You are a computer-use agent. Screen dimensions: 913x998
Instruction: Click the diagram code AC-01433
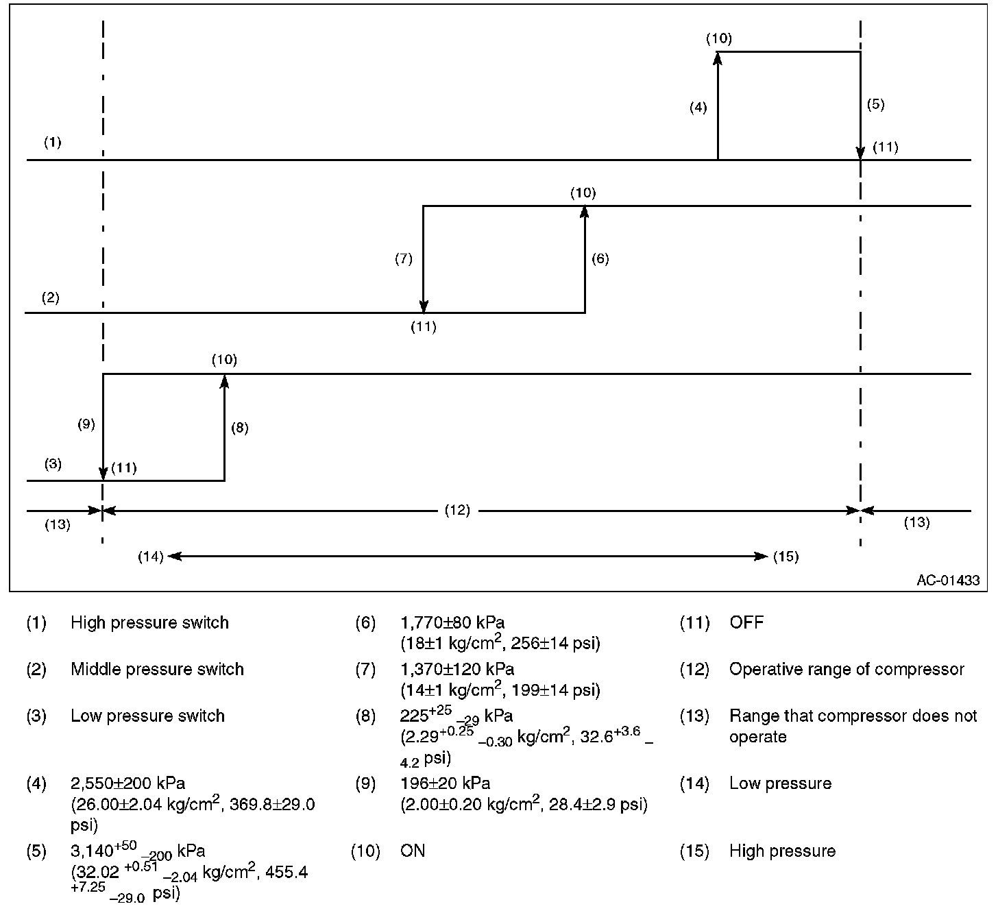click(x=948, y=581)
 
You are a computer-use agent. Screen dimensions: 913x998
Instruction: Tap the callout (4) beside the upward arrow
click(x=698, y=107)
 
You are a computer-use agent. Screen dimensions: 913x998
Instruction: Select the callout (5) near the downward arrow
click(x=875, y=104)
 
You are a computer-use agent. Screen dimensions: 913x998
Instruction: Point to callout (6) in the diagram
click(x=600, y=258)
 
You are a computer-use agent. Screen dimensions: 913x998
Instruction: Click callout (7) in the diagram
click(x=404, y=258)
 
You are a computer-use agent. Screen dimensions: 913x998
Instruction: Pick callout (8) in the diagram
click(x=239, y=428)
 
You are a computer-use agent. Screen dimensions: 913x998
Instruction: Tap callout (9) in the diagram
click(x=86, y=424)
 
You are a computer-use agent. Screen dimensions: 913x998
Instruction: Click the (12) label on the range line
click(x=457, y=510)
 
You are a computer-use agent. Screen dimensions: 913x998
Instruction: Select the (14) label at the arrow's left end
click(x=151, y=556)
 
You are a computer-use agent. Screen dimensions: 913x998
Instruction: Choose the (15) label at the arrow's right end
click(x=786, y=556)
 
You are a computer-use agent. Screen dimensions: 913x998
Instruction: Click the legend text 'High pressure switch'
click(x=149, y=622)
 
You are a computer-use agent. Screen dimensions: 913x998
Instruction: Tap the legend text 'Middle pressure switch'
click(x=157, y=669)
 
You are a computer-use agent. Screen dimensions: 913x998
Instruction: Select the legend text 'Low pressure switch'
click(x=147, y=716)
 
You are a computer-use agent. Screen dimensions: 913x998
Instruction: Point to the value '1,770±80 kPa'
click(x=452, y=622)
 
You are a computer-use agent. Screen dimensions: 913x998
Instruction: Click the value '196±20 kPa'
click(x=445, y=783)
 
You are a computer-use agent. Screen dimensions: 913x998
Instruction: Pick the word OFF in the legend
click(x=746, y=622)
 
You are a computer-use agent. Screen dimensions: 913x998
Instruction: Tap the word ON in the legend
click(x=413, y=851)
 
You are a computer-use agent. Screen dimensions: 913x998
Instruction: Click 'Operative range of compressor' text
click(x=847, y=669)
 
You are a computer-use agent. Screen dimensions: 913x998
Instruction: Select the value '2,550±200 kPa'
click(x=127, y=783)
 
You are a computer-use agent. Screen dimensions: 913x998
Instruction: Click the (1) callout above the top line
click(x=53, y=143)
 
